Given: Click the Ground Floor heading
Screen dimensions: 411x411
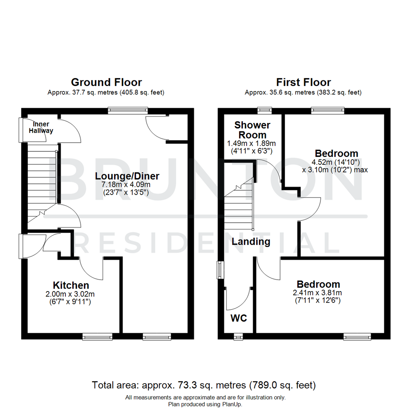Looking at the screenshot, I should coord(106,82).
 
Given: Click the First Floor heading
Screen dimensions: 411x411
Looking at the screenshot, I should coord(303,82).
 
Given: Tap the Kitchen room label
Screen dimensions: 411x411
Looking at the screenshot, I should coord(71,285).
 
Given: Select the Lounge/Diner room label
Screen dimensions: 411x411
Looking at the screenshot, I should coord(127,176).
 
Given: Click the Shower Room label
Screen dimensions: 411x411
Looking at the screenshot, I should coord(252,130).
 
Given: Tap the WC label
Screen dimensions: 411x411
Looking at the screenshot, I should coord(239,317).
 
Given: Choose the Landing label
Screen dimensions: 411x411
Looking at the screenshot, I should coord(251,241).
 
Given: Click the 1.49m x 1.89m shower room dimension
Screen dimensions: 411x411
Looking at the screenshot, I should coord(251,143).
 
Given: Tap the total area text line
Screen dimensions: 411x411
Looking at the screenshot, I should coord(204,385).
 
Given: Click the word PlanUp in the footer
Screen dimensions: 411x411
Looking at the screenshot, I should coord(231,404).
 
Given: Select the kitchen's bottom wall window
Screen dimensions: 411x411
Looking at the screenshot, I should coord(98,336).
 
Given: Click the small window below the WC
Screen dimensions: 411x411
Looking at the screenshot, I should coord(238,336).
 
